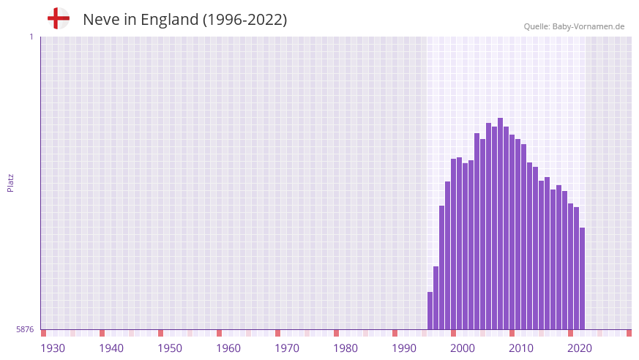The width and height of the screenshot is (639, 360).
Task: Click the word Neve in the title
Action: click(x=100, y=20)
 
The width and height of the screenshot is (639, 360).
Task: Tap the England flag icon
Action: click(x=58, y=18)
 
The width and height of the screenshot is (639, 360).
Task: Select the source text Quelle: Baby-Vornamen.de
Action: click(x=574, y=26)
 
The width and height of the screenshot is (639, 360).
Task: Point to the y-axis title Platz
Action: click(x=10, y=182)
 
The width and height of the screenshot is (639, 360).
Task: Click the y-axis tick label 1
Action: click(x=31, y=37)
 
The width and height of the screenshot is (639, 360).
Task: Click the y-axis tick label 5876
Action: click(x=25, y=330)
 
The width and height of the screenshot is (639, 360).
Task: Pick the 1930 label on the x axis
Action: click(x=53, y=348)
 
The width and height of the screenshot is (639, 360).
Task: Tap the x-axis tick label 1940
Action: click(x=111, y=348)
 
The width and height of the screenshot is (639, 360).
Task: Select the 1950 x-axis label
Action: click(x=170, y=348)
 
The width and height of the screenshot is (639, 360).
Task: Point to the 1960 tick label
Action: click(x=228, y=348)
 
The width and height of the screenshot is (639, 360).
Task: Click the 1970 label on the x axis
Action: click(x=287, y=348)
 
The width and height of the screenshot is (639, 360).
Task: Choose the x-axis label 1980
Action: click(x=345, y=348)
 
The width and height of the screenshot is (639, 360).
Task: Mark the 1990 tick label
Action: click(x=404, y=348)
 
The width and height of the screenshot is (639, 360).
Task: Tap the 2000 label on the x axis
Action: click(x=463, y=348)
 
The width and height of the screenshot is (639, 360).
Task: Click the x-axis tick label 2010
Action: click(x=521, y=348)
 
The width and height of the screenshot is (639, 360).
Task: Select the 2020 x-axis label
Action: click(x=580, y=348)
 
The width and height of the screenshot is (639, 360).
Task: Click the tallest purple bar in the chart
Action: click(x=500, y=223)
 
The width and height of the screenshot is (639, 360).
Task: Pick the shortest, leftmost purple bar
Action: click(x=430, y=311)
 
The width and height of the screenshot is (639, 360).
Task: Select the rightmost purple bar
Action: click(x=582, y=278)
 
